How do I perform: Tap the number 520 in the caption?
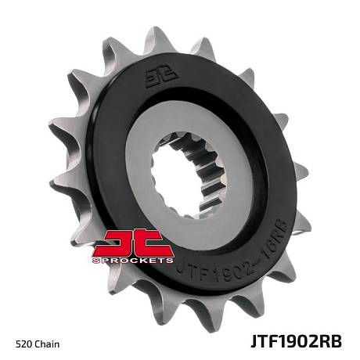tap(24, 344)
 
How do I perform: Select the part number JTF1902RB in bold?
tap(296, 341)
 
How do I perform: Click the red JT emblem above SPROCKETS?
tap(133, 243)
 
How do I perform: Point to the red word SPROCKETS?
tap(133, 261)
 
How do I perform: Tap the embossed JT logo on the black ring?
tap(161, 77)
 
